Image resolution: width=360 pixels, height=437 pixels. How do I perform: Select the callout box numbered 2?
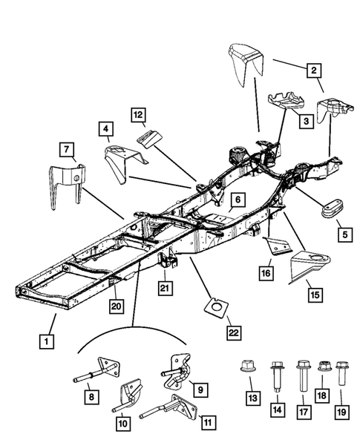[315, 70]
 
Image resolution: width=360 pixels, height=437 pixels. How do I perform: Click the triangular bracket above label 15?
[312, 265]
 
